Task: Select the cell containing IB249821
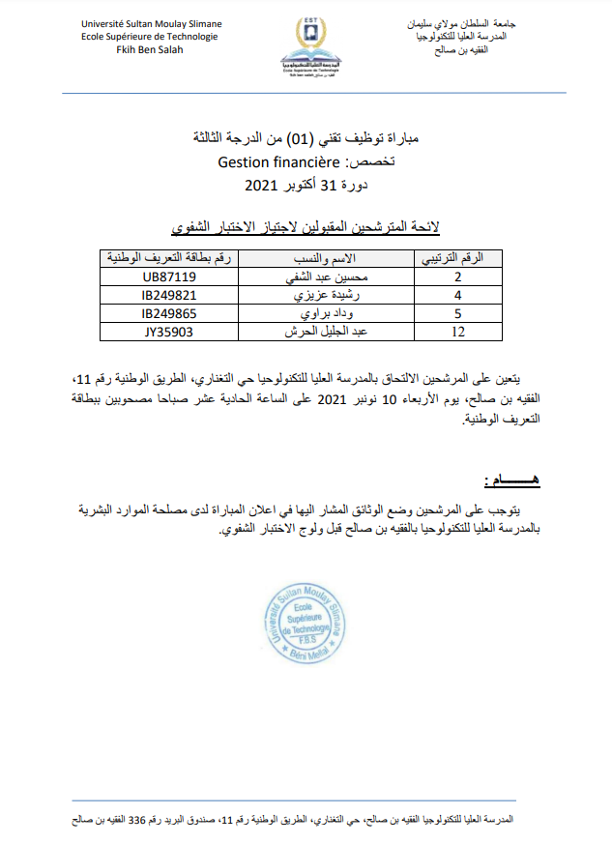click(x=169, y=295)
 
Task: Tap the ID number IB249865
click(x=169, y=313)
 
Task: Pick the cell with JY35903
click(x=169, y=331)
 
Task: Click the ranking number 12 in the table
click(x=458, y=332)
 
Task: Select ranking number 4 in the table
click(x=458, y=295)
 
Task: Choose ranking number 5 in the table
click(x=458, y=313)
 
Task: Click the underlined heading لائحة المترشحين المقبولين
click(x=306, y=227)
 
